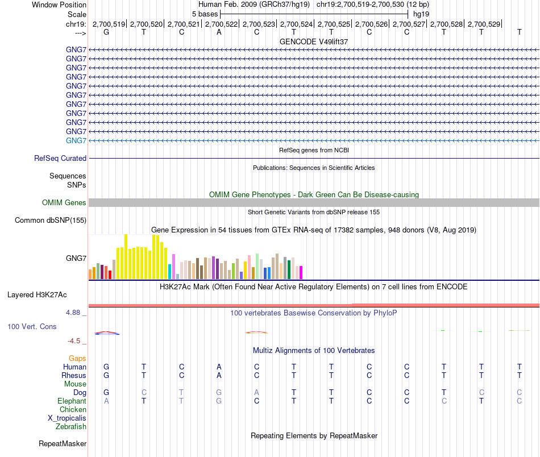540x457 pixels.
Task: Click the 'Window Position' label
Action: coord(59,5)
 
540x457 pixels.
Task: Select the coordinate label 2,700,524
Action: coord(296,24)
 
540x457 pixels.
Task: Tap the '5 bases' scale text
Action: coord(205,14)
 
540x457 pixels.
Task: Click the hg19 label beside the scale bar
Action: coord(421,14)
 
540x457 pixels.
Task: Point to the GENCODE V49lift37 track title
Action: coord(314,41)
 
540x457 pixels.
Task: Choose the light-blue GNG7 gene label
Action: coord(76,140)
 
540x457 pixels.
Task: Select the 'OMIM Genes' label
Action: coord(64,202)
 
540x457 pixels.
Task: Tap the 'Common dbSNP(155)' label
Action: coord(51,220)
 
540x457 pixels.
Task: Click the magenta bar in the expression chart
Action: coord(301,273)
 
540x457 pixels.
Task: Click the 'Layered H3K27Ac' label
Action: coord(37,295)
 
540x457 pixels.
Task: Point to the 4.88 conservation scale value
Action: coord(76,312)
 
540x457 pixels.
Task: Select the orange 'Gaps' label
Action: coord(77,358)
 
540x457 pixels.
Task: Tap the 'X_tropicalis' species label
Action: coord(67,418)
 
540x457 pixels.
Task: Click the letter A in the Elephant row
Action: coord(106,401)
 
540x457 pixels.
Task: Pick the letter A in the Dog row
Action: coord(256,392)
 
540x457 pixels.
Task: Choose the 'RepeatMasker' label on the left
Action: coord(63,443)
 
